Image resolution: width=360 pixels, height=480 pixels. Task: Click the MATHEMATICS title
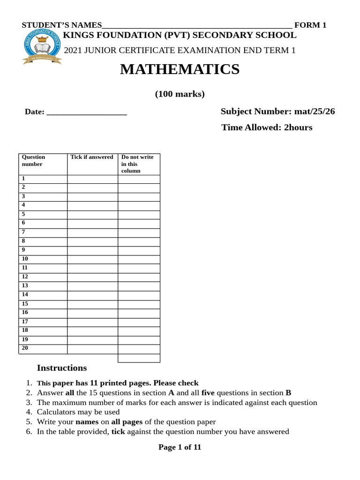(x=180, y=69)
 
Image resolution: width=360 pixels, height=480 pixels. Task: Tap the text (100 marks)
(x=180, y=94)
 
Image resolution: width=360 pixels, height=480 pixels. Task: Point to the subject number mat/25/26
(x=314, y=112)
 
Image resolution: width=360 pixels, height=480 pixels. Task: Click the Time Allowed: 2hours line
(x=267, y=127)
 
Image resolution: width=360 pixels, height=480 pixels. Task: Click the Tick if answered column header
(x=92, y=157)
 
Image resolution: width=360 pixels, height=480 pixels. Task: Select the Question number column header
(x=33, y=160)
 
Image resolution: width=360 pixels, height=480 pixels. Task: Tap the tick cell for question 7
(x=92, y=232)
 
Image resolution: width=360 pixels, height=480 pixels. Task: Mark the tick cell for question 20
(x=92, y=349)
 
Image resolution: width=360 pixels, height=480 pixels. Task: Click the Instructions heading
(x=62, y=368)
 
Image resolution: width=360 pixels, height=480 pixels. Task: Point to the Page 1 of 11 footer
(x=180, y=447)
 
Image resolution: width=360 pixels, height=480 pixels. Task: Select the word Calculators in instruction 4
(x=55, y=412)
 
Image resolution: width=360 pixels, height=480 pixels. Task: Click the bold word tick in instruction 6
(x=118, y=432)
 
